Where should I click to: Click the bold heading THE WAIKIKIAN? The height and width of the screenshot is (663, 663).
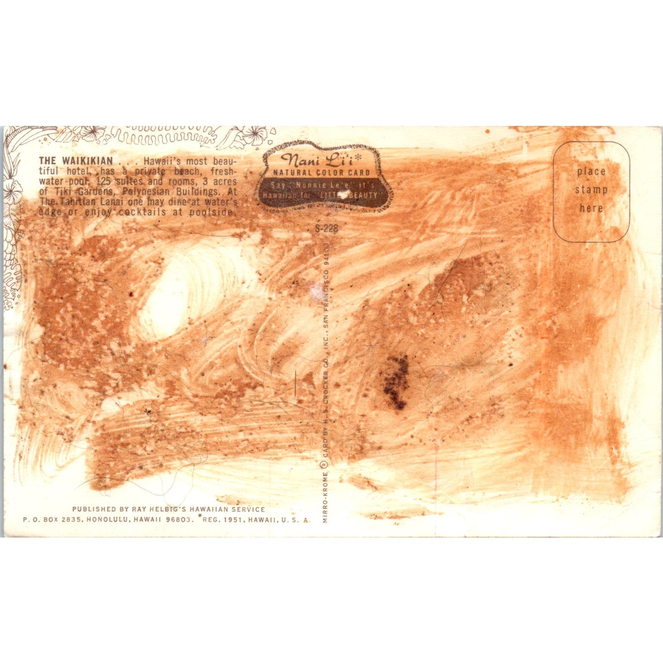click(76, 161)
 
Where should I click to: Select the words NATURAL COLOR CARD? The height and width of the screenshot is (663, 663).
click(322, 173)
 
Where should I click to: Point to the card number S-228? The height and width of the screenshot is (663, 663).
click(326, 228)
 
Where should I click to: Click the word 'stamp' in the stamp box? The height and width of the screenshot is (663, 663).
click(591, 189)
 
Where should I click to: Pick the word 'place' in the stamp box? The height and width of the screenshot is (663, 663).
click(591, 171)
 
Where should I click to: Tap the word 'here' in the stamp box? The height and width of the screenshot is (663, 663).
click(591, 208)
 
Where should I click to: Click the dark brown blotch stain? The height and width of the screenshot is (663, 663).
click(395, 381)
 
